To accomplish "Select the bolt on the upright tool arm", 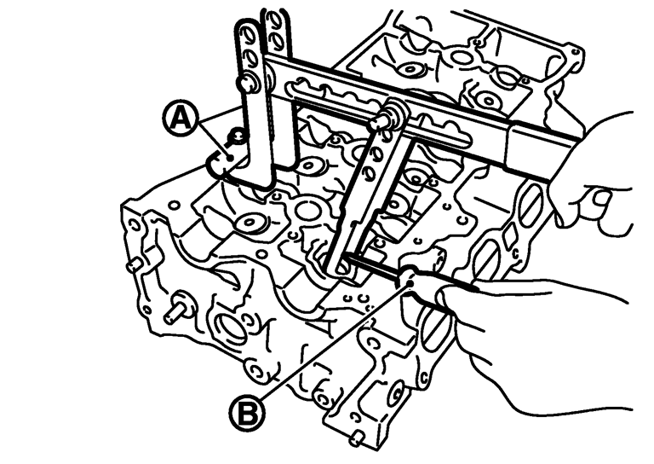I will tap(250, 83).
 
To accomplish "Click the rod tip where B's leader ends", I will tap(406, 275).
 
